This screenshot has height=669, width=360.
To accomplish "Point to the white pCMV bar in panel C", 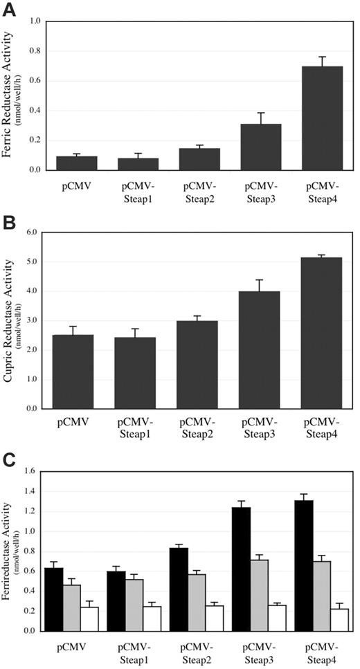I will [x=89, y=618].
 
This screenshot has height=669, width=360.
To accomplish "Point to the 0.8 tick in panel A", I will [x=33, y=51].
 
